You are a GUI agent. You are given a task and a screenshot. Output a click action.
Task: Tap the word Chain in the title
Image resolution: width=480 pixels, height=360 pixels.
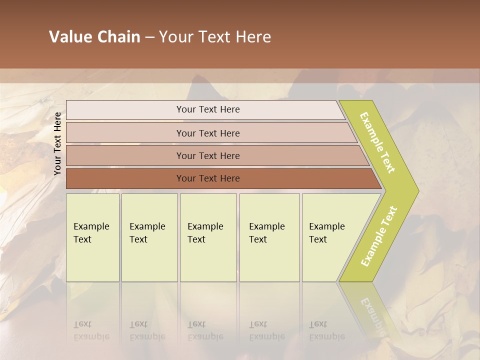pyautogui.click(x=118, y=37)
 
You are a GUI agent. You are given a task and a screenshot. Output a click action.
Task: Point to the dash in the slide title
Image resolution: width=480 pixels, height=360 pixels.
pyautogui.click(x=149, y=37)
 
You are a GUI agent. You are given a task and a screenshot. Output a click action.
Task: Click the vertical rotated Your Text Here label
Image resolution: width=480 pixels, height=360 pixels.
pyautogui.click(x=57, y=143)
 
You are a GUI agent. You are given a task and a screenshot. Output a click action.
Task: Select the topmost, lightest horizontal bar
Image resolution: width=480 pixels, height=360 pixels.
pyautogui.click(x=207, y=109)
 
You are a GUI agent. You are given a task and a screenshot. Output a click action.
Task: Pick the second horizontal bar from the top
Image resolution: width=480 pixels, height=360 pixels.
pyautogui.click(x=207, y=133)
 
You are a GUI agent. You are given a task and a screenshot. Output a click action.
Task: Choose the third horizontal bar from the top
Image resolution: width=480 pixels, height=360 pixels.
pyautogui.click(x=207, y=155)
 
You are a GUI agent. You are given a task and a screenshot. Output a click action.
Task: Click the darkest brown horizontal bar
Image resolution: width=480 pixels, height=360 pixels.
pyautogui.click(x=207, y=178)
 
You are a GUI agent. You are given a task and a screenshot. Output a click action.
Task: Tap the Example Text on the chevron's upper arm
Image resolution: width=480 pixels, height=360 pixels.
pyautogui.click(x=377, y=142)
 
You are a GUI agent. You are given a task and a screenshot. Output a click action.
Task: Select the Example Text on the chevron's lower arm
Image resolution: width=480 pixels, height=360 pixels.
pyautogui.click(x=379, y=236)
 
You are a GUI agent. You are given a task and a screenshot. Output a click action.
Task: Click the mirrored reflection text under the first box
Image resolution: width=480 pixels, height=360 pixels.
pyautogui.click(x=91, y=331)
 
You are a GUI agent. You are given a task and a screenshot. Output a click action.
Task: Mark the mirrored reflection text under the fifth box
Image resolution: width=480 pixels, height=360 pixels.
pyautogui.click(x=327, y=331)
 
